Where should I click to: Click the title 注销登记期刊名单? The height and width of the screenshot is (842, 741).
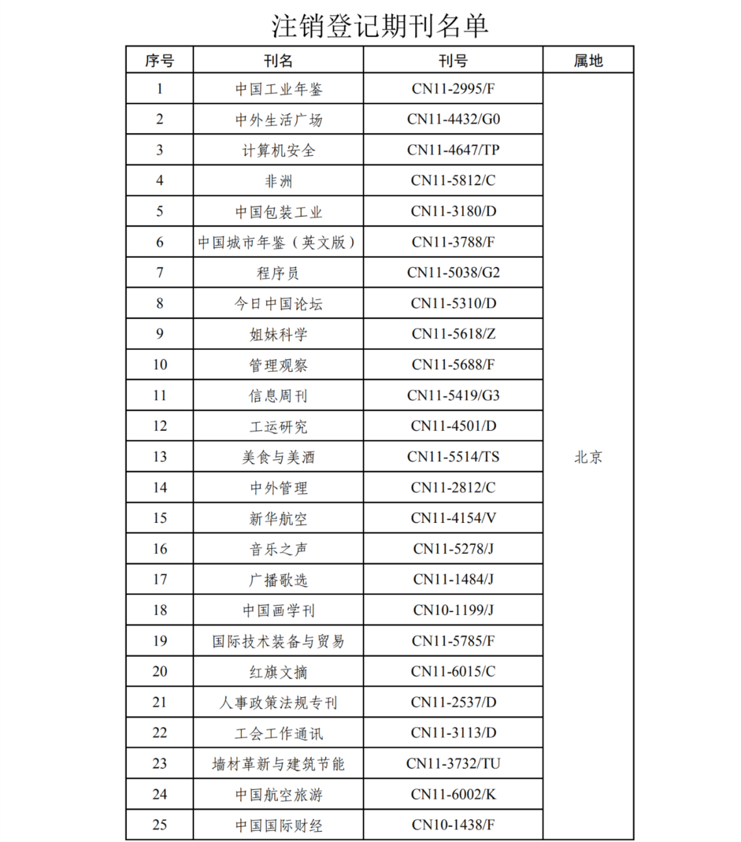click(379, 25)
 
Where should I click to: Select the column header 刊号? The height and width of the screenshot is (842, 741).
click(453, 60)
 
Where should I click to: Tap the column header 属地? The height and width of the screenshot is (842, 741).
click(588, 60)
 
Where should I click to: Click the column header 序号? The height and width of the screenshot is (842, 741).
click(159, 60)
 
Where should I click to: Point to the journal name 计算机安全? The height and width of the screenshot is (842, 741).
click(279, 150)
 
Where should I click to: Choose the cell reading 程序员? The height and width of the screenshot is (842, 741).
click(279, 273)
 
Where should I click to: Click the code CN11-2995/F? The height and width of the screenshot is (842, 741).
click(453, 89)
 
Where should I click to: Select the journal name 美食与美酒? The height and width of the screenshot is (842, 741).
click(279, 457)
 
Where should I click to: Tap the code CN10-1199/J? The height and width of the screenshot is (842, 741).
click(453, 610)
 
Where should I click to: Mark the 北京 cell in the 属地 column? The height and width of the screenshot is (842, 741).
click(588, 457)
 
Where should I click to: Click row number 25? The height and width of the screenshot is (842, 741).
click(159, 825)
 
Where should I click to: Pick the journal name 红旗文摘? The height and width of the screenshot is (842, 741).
click(279, 672)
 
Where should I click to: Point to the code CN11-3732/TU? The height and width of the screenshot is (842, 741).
click(453, 764)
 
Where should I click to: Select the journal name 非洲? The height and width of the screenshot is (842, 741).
click(279, 181)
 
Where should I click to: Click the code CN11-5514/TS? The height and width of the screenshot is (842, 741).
click(453, 457)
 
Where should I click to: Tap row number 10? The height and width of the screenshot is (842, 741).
click(159, 365)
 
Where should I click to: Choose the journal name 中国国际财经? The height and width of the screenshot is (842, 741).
click(279, 825)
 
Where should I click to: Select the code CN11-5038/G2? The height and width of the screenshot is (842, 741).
click(453, 273)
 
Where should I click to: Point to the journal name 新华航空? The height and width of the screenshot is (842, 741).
click(279, 518)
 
